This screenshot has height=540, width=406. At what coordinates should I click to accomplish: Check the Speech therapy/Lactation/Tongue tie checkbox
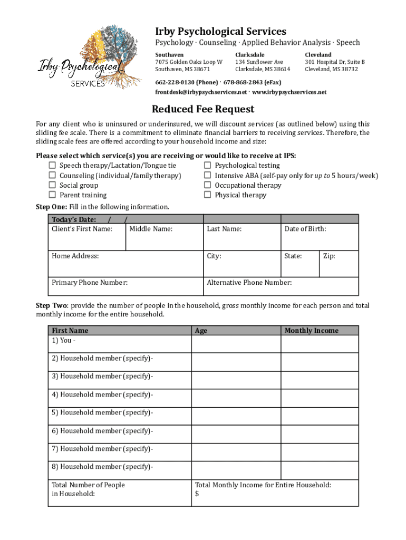[52, 166]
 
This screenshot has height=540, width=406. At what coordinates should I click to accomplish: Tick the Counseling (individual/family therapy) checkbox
[52, 175]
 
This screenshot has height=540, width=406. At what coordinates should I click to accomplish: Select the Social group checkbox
[52, 185]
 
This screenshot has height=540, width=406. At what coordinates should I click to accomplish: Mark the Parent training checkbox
[52, 195]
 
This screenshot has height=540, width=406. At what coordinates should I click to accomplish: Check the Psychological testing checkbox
[208, 166]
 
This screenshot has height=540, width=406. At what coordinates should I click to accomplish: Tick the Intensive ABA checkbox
[208, 175]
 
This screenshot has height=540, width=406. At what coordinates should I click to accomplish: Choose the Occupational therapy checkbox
[208, 185]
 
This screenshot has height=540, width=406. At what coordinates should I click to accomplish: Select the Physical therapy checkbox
[208, 195]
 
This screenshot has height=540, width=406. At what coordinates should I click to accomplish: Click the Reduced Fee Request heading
[203, 109]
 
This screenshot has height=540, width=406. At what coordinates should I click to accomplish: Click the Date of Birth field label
[305, 229]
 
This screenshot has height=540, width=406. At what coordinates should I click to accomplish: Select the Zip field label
[328, 256]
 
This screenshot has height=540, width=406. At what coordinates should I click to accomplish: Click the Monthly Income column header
[312, 331]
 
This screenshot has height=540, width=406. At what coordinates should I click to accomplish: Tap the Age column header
[201, 331]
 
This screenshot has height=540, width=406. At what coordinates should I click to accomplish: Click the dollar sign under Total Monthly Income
[197, 494]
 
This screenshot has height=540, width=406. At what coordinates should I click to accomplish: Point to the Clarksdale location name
[250, 55]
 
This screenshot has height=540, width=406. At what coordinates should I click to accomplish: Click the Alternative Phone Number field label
[249, 283]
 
